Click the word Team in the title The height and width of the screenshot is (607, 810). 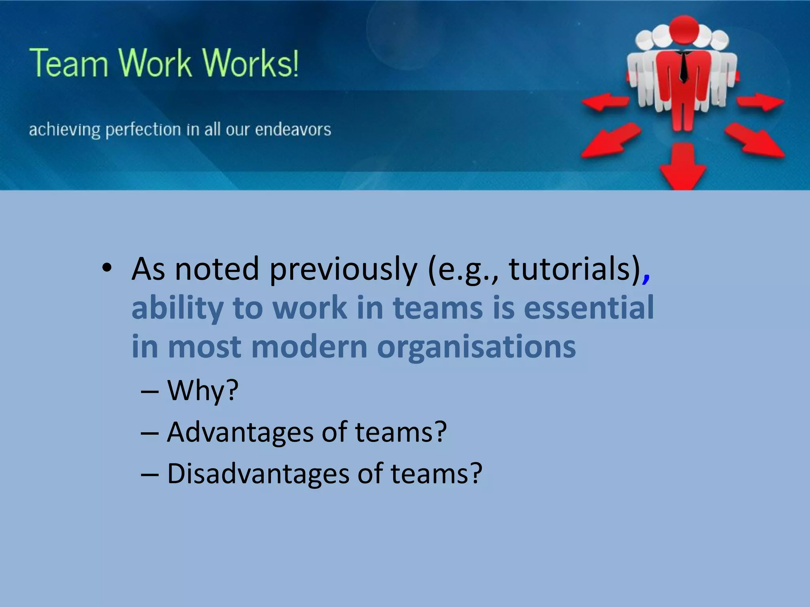point(69,63)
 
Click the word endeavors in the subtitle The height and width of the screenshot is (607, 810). point(293,130)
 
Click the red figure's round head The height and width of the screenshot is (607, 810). point(684,29)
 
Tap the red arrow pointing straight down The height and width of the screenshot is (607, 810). point(683,166)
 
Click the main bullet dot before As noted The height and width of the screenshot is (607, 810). point(107,268)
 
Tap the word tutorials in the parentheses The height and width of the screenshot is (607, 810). point(570,269)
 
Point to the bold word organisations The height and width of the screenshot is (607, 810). point(476,347)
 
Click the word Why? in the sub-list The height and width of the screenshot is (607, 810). point(202,390)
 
